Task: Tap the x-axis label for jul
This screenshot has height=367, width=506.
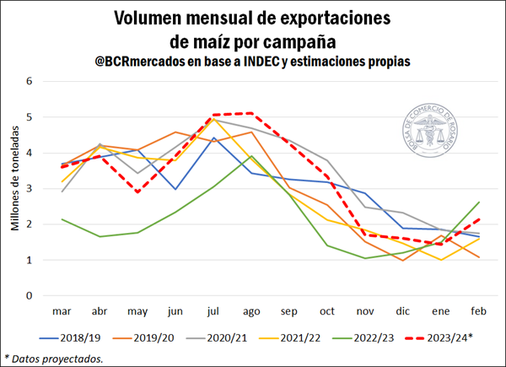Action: [x=215, y=310]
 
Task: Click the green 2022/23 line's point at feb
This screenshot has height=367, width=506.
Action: [x=479, y=202]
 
